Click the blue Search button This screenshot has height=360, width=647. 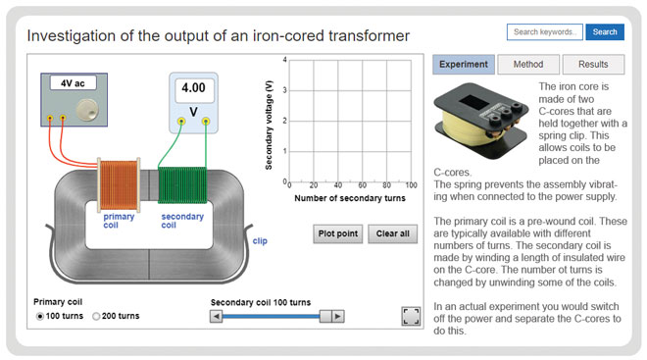pos(605,32)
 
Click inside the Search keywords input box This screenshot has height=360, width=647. pos(544,32)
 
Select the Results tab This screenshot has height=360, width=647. pos(592,65)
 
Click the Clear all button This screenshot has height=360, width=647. pos(393,233)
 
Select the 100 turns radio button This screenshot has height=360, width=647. pos(40,316)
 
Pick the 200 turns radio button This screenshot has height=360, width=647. pos(96,316)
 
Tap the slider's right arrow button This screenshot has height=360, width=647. pos(337,316)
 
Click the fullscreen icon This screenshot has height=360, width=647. pos(411,315)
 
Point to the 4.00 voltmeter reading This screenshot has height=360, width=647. pos(191,88)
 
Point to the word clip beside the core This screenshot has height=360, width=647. pos(260,239)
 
